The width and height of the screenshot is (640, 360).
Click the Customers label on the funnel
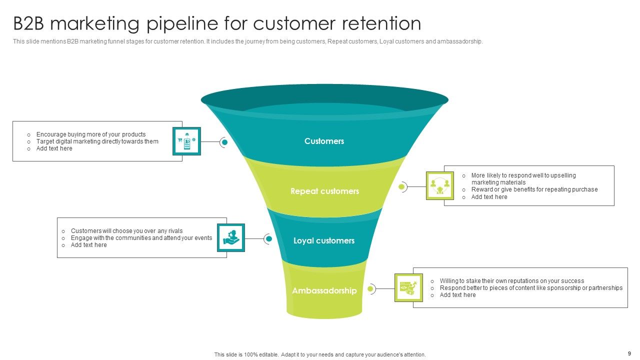click(324, 141)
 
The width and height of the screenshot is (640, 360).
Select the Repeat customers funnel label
click(324, 191)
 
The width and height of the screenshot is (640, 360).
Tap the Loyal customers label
click(324, 241)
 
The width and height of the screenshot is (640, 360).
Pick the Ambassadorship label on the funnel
click(324, 291)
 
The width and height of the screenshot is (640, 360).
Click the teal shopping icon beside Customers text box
click(186, 141)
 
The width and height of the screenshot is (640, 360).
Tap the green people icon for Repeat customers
click(440, 186)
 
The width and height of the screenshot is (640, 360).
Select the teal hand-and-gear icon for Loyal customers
click(231, 237)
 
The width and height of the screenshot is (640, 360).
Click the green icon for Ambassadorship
click(408, 287)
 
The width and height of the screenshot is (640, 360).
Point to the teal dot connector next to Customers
click(224, 142)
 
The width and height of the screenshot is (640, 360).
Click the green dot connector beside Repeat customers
click(401, 187)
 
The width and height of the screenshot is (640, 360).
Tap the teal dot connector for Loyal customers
click(268, 239)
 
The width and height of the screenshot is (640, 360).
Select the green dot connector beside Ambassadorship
click(370, 288)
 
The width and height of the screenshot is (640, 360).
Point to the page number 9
click(629, 353)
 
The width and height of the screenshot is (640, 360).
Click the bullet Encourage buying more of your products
click(91, 134)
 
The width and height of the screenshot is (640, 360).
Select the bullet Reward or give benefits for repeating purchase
click(534, 189)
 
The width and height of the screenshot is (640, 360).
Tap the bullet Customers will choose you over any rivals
click(126, 231)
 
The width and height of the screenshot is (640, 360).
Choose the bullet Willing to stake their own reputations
click(511, 281)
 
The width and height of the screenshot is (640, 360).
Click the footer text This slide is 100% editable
click(320, 354)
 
